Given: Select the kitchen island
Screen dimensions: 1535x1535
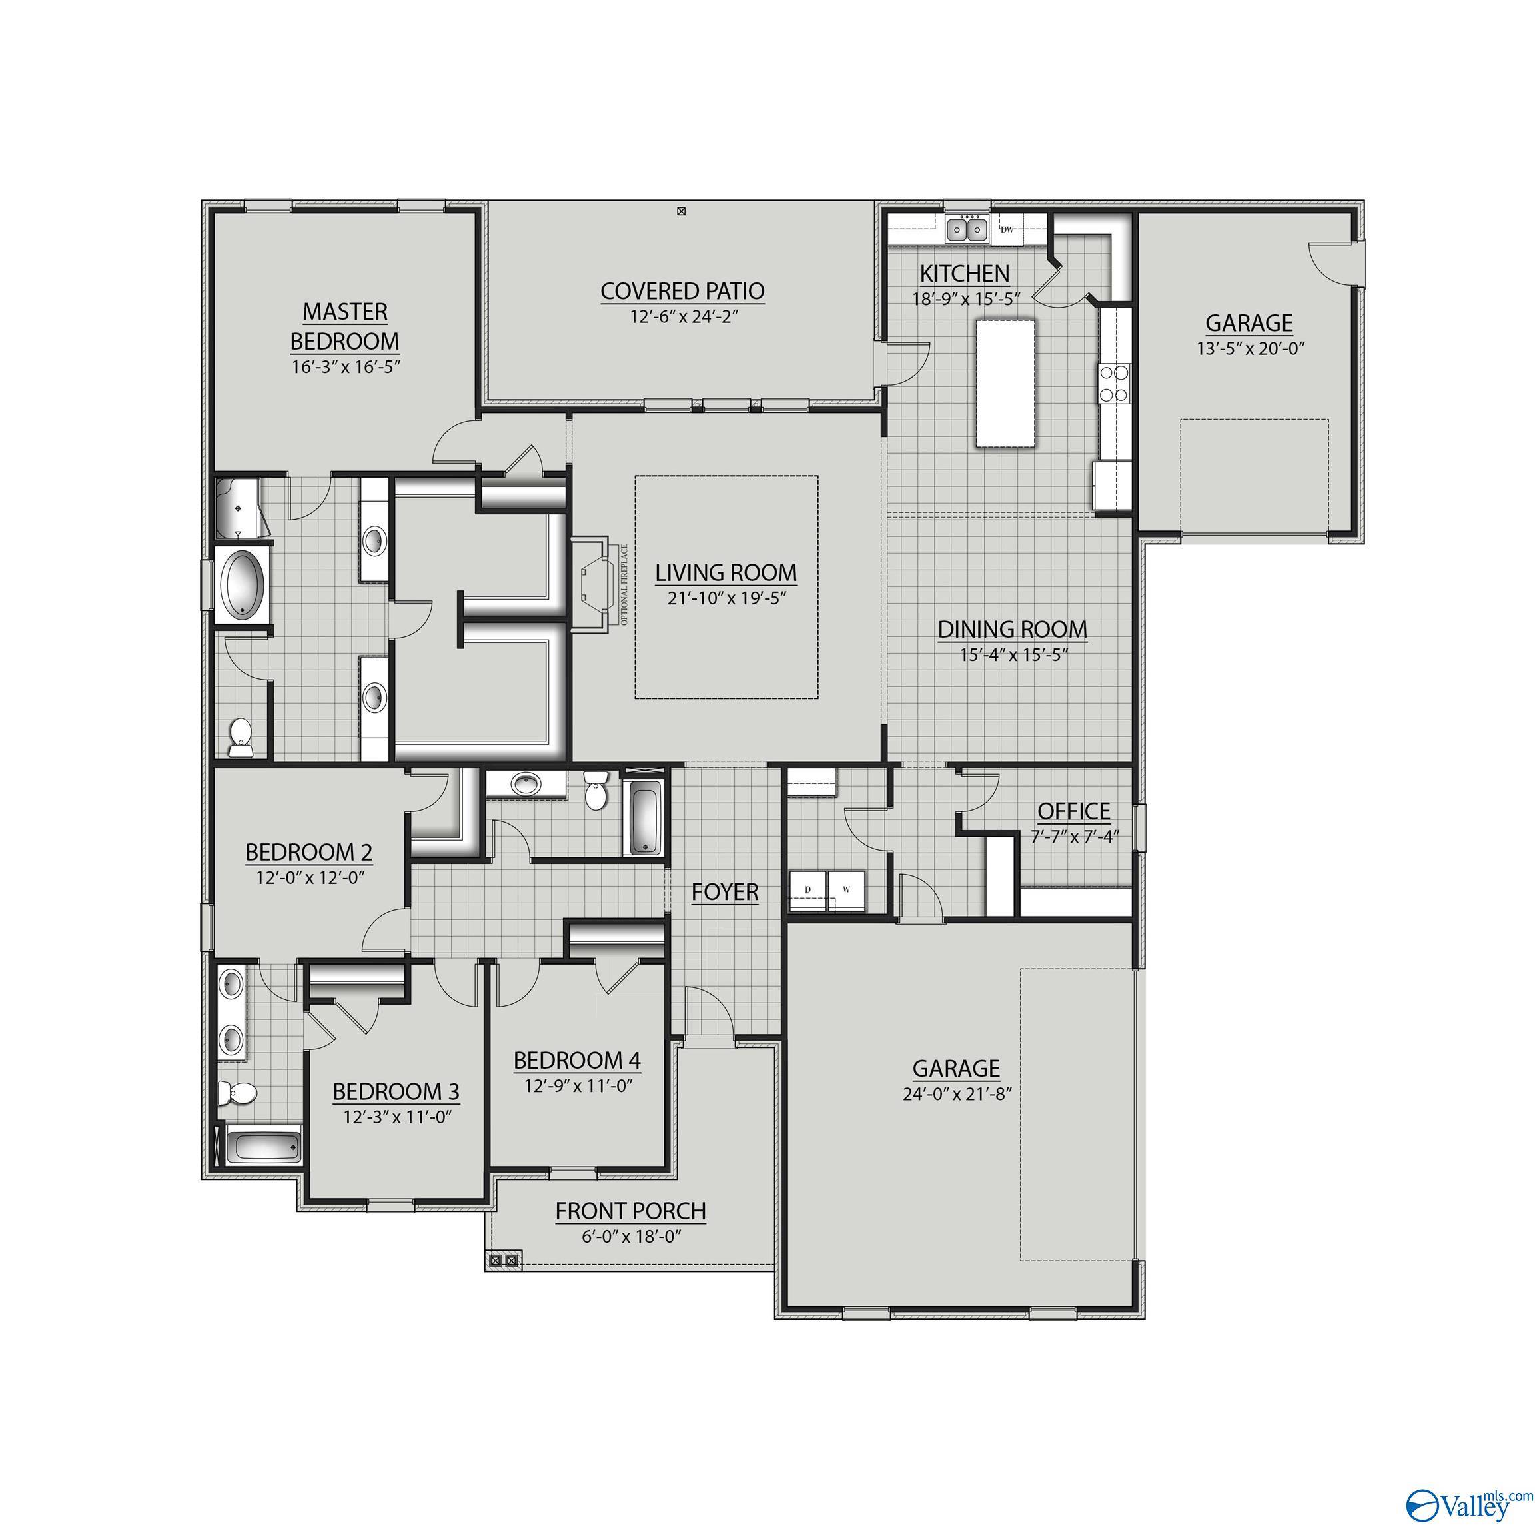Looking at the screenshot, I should click(1005, 383).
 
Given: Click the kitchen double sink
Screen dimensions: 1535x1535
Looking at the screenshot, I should click(967, 231).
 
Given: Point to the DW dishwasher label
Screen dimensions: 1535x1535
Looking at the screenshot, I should click(1007, 230).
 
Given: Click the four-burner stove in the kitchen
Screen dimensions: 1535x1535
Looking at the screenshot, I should click(1114, 383).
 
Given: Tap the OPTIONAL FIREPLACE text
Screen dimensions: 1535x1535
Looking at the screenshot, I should click(624, 585).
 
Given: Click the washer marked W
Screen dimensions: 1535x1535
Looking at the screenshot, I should click(847, 890).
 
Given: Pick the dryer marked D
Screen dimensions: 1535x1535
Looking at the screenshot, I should click(808, 890).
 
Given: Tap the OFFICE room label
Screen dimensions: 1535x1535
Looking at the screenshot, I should click(1073, 811).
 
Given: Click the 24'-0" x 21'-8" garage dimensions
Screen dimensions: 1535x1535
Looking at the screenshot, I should click(957, 1094).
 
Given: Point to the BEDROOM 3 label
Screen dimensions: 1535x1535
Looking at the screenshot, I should click(396, 1092).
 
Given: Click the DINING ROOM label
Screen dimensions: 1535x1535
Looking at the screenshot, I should click(1012, 629).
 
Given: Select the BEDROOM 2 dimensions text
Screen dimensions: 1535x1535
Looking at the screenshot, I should click(310, 878).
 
